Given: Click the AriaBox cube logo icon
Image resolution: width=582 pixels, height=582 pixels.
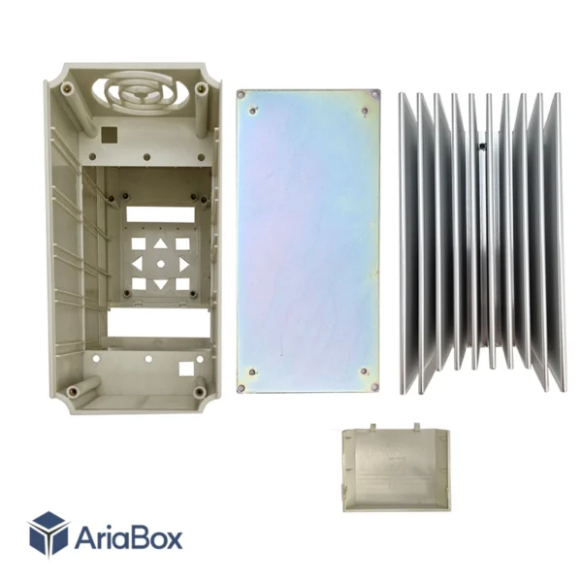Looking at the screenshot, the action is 48,534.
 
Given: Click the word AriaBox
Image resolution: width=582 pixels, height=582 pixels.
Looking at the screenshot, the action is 129,537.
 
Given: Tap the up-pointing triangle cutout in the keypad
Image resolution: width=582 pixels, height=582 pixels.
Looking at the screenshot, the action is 161,243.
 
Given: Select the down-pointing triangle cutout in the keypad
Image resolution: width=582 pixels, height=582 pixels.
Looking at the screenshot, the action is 161,284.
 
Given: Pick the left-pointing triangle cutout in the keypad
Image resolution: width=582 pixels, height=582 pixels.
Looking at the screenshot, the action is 138,264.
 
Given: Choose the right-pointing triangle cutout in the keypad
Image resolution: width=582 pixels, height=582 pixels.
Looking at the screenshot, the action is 184,264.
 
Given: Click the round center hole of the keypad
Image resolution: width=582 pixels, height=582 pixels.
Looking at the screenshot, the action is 161,264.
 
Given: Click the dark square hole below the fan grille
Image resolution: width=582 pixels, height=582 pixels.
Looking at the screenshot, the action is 109,135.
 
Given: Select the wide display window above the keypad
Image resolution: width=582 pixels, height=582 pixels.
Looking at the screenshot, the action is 160,214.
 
